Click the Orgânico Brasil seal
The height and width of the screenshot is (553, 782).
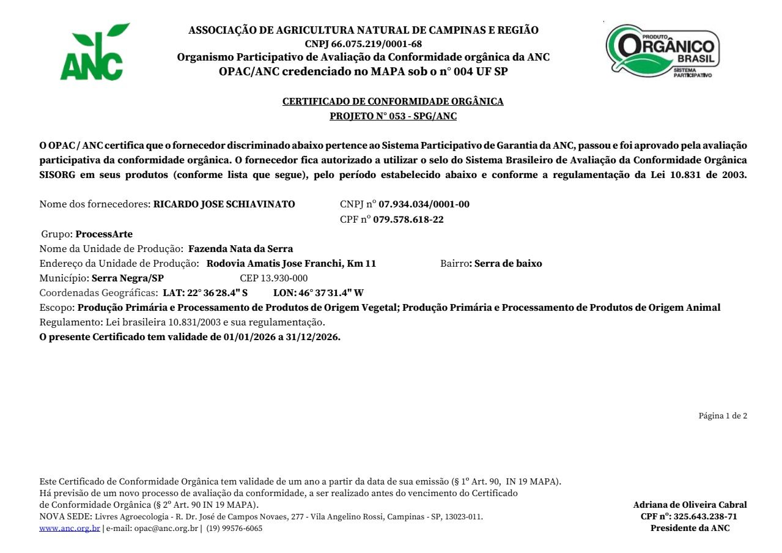(663, 51)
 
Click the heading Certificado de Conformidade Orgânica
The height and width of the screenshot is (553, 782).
(393, 102)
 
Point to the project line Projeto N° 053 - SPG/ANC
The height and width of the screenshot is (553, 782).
(393, 116)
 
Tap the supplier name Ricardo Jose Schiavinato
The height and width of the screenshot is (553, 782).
(224, 204)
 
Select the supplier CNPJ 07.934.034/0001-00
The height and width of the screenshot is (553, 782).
(424, 204)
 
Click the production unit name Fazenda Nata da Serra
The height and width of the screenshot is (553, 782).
(240, 249)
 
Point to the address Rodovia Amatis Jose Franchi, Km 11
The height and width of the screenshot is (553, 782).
(291, 264)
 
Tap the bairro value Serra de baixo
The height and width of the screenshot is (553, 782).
(508, 264)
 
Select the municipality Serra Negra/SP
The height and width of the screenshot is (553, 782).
(128, 278)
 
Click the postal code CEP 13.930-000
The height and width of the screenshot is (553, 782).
(273, 278)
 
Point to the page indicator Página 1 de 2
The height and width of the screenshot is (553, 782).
(723, 416)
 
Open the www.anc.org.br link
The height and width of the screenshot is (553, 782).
(69, 529)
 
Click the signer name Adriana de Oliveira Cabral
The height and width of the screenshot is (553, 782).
(690, 505)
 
